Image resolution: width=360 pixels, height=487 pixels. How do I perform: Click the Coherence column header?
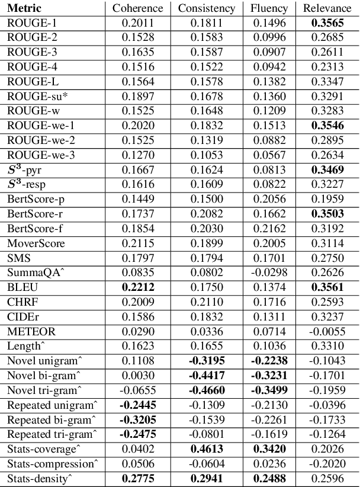click(137, 8)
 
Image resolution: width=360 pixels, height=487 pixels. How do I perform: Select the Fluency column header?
click(269, 8)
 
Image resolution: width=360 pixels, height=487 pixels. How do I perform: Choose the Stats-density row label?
click(36, 478)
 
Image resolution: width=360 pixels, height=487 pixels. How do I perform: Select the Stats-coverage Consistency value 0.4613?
click(207, 448)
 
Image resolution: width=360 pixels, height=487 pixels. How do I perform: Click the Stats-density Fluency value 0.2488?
click(269, 478)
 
